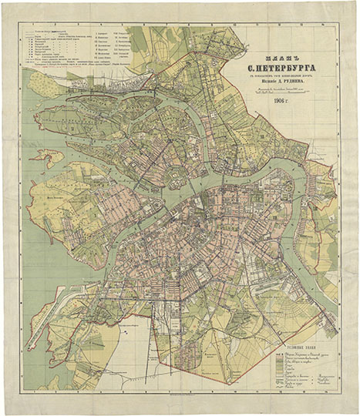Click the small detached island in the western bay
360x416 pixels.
point(48,159)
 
